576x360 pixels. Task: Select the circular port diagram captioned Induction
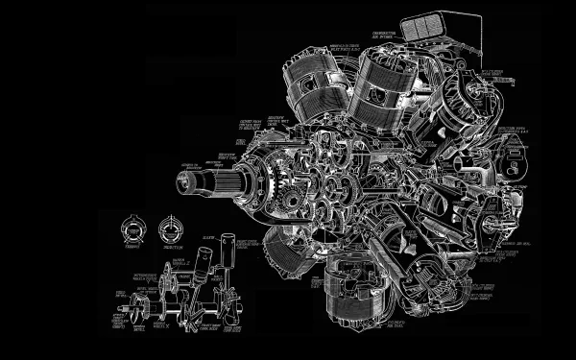point(170,228)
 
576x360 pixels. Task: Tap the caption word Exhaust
point(131,247)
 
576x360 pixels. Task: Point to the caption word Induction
point(170,247)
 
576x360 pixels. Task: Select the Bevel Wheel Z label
point(178,263)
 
